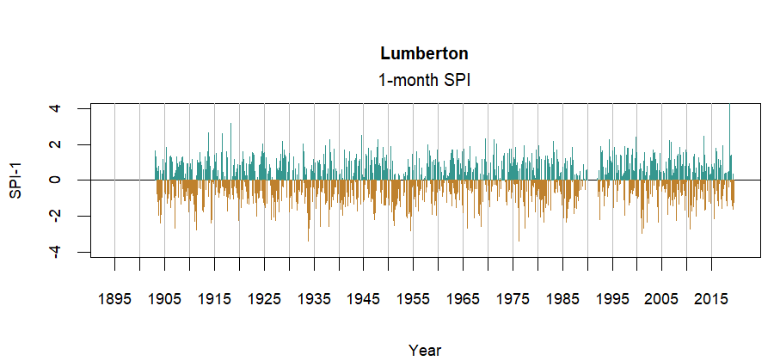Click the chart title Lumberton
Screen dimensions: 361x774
coord(424,53)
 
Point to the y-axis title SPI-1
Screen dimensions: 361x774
coord(16,180)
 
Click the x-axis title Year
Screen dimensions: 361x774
coord(425,350)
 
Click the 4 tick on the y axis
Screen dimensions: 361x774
coord(55,109)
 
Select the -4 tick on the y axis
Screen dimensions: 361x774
coord(55,251)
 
